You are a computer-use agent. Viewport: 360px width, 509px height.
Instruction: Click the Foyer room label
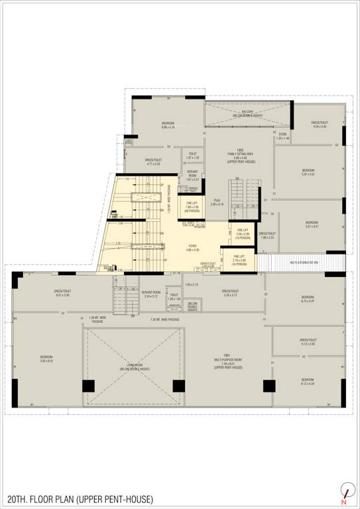pyautogui.click(x=192, y=247)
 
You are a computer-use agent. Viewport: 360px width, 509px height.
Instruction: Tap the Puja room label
pyautogui.click(x=217, y=202)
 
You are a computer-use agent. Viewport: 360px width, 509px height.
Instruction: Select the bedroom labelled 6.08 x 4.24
pyautogui.click(x=168, y=125)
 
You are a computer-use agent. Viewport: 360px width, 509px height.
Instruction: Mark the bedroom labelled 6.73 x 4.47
pyautogui.click(x=308, y=299)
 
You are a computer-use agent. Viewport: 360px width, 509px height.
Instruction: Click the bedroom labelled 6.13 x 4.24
pyautogui.click(x=308, y=382)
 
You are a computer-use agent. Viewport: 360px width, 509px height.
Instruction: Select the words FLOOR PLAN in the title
pyautogui.click(x=56, y=498)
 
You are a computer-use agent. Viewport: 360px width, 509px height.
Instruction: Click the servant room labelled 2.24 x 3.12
pyautogui.click(x=151, y=294)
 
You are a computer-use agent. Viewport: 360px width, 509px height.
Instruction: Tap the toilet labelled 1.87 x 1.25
pyautogui.click(x=192, y=156)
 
